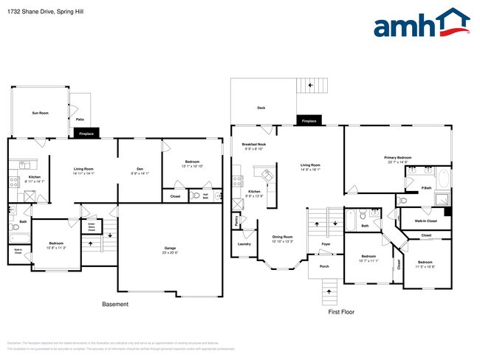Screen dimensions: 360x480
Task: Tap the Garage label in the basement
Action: pos(170,249)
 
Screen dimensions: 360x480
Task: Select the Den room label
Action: pos(140,170)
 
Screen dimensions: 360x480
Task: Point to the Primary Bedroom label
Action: pos(397,158)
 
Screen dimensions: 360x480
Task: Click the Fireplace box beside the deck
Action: pos(309,121)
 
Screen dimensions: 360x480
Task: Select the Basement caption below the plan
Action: pos(114,304)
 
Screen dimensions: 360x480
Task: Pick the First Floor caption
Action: pos(341,312)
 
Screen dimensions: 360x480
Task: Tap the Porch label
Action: pos(324,266)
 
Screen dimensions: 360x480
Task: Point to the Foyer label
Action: pos(326,244)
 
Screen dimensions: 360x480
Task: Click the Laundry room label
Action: pos(244,244)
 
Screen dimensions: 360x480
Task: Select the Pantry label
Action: pos(236,220)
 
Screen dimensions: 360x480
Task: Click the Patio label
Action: pos(79,119)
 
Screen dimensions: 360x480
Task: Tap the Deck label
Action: pos(261,108)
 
